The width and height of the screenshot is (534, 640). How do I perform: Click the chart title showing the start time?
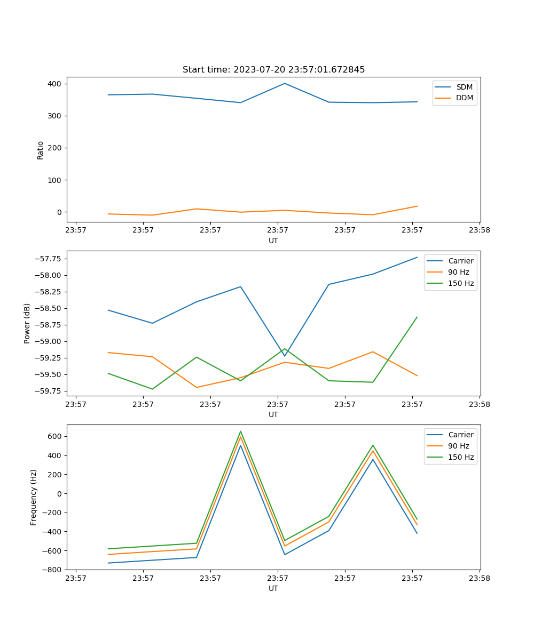coord(273,70)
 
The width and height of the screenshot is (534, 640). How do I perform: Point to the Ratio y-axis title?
coord(41,150)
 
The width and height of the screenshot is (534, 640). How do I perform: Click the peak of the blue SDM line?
coord(285,83)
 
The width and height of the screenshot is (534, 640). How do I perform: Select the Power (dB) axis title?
coord(27,323)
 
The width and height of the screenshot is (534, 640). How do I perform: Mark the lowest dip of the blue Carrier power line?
coord(285,356)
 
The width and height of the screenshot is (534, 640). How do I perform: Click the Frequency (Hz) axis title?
coord(34,497)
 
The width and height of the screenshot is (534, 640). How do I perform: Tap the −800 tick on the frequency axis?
coord(53,570)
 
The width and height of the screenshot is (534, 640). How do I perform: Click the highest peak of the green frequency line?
coord(240,431)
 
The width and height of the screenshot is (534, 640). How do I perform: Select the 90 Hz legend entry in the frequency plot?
coord(458,446)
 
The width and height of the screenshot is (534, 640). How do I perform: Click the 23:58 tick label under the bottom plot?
coord(479,578)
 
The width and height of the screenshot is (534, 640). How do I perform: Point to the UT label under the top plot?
coord(273,241)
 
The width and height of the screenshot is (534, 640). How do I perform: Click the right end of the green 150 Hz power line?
coord(417,317)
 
